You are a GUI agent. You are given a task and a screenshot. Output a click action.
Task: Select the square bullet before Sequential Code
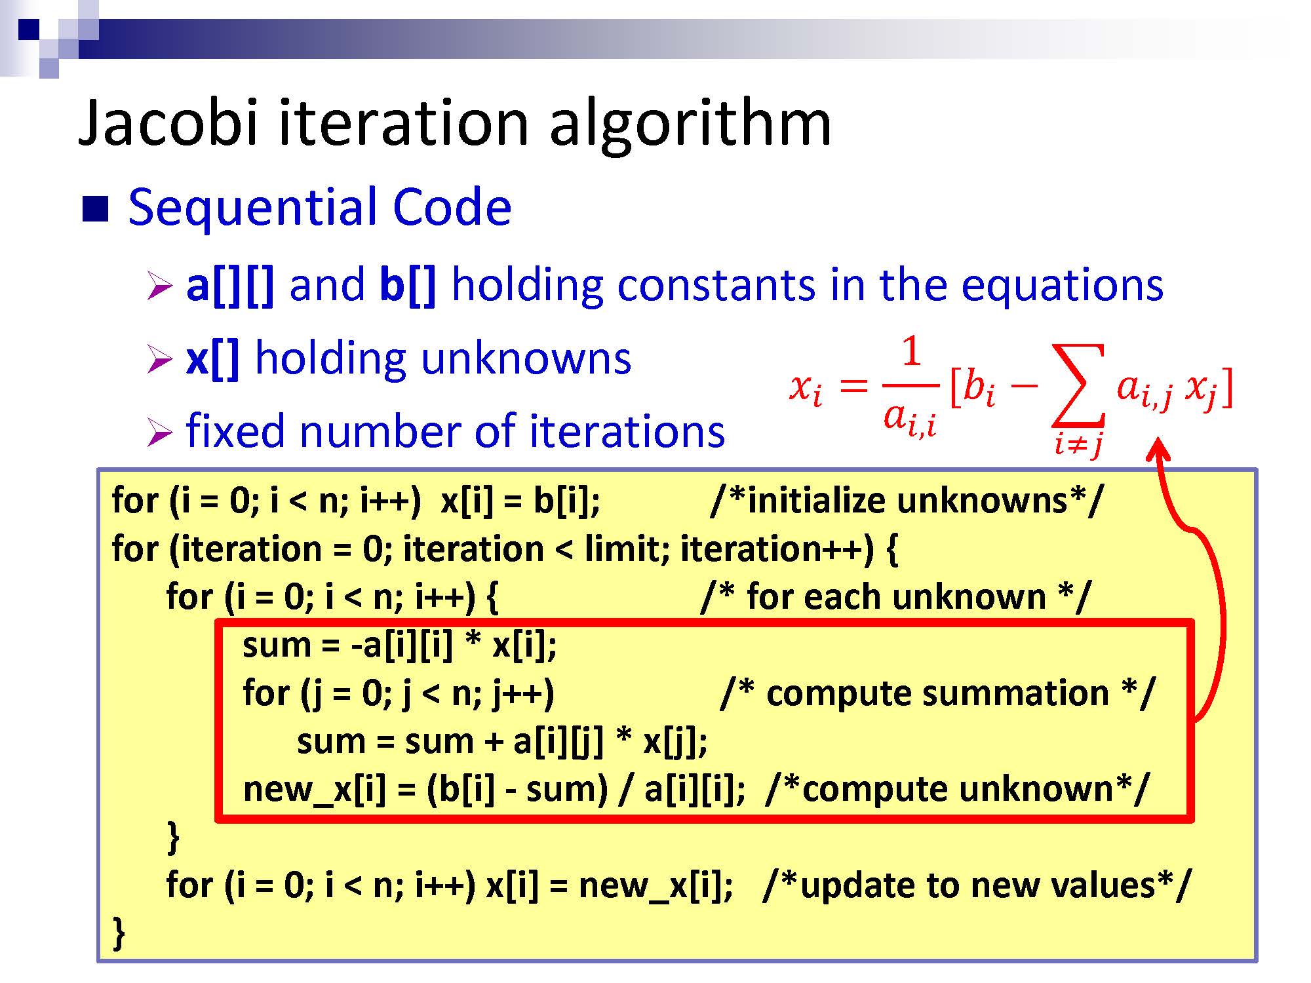click(95, 209)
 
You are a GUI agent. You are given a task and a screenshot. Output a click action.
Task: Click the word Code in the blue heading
click(452, 207)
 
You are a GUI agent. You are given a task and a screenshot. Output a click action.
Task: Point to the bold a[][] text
click(230, 286)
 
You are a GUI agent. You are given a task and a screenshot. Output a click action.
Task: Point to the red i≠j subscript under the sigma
click(1078, 445)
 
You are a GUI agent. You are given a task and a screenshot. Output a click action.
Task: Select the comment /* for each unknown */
click(895, 597)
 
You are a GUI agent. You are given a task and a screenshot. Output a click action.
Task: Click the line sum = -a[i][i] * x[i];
click(400, 646)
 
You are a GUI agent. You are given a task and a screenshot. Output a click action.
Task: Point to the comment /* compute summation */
click(937, 693)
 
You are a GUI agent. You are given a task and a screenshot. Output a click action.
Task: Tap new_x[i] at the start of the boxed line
click(315, 790)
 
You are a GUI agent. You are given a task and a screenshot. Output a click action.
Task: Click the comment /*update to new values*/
click(977, 885)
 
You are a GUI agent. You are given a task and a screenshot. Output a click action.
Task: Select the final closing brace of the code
click(119, 933)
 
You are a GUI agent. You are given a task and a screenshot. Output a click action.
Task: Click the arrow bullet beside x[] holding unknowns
click(159, 359)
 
